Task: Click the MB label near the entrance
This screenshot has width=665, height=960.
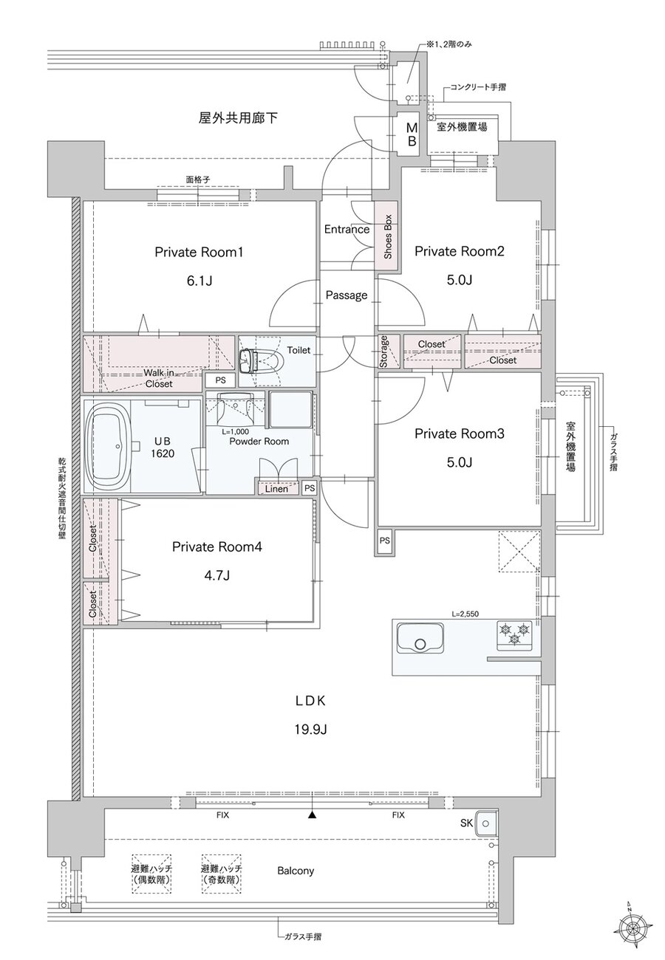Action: click(412, 134)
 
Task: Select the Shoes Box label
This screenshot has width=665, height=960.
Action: click(388, 236)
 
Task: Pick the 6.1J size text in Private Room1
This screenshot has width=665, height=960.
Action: click(199, 281)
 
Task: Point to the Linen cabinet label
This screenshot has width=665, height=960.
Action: click(276, 488)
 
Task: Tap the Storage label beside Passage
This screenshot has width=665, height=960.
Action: click(383, 352)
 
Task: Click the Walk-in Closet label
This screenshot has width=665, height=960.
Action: click(158, 378)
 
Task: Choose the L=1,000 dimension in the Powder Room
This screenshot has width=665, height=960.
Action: click(235, 431)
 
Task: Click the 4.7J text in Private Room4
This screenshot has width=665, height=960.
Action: click(216, 575)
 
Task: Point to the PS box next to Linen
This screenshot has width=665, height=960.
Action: click(309, 488)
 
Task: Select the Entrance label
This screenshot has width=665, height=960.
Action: click(347, 229)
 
